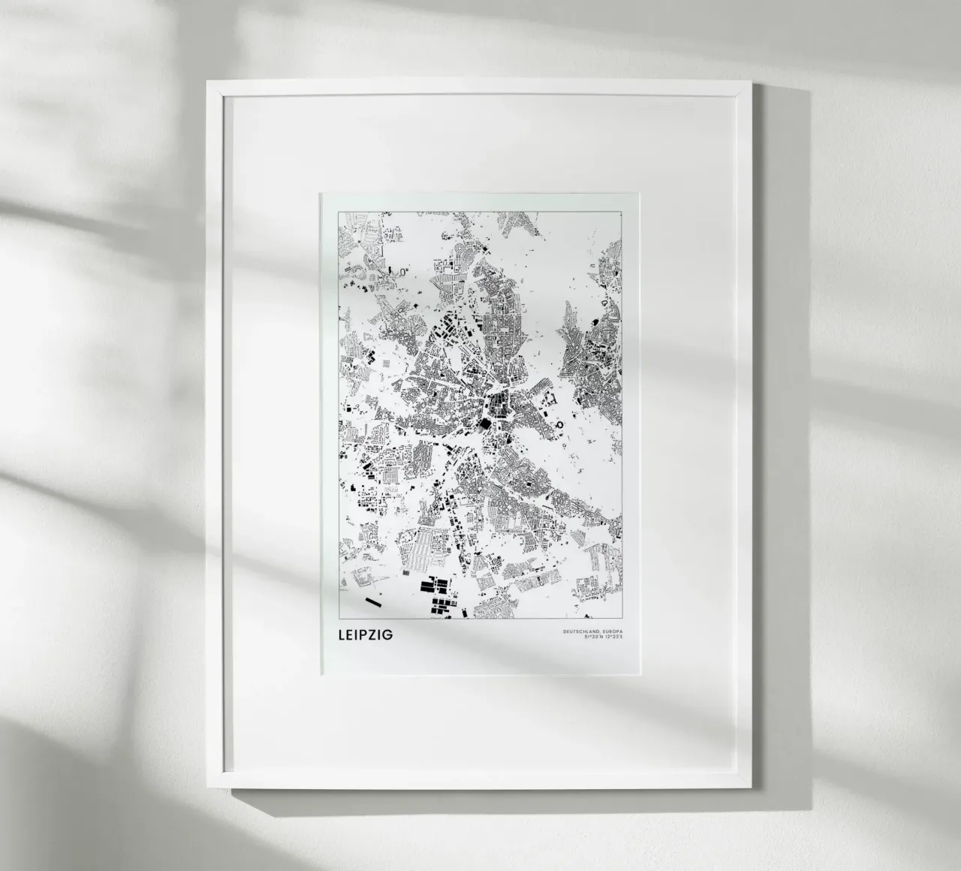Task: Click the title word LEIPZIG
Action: (x=366, y=636)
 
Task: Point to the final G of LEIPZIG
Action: (x=387, y=636)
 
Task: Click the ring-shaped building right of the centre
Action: (x=559, y=426)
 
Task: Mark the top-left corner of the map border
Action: (x=339, y=212)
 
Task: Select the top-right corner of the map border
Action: (x=622, y=212)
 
